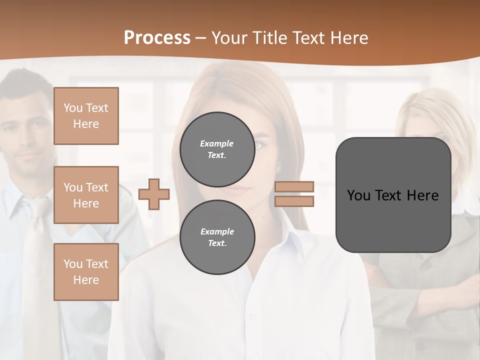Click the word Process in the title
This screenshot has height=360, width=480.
tap(157, 37)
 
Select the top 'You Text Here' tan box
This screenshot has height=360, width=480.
tap(86, 116)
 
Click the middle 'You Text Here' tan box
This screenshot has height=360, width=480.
tap(86, 195)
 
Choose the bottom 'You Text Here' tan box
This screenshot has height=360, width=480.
tap(86, 271)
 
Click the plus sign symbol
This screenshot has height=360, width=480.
tap(154, 194)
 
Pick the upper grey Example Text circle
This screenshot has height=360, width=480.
tap(217, 149)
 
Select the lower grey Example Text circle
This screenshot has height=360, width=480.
tap(217, 237)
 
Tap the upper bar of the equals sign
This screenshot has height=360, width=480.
tap(294, 186)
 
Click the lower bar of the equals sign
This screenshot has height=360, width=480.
tap(294, 201)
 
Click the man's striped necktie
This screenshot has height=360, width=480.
tap(37, 260)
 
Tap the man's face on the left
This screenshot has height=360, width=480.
tap(27, 135)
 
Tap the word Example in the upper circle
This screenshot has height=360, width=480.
tap(217, 143)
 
